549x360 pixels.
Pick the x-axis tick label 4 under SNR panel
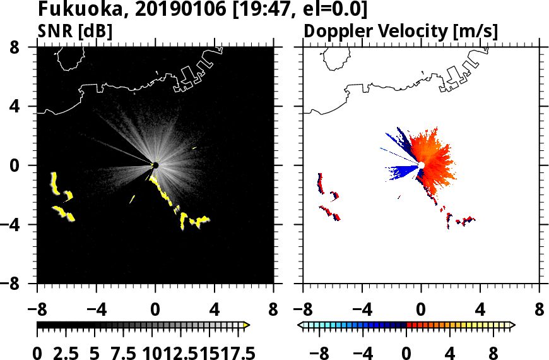coord(215,310)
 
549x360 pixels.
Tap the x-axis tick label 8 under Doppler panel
coord(539,310)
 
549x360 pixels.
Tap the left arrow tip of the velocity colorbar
coord(300,325)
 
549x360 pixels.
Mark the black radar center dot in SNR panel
coord(155,165)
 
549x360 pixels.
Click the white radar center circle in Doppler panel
coord(422,165)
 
